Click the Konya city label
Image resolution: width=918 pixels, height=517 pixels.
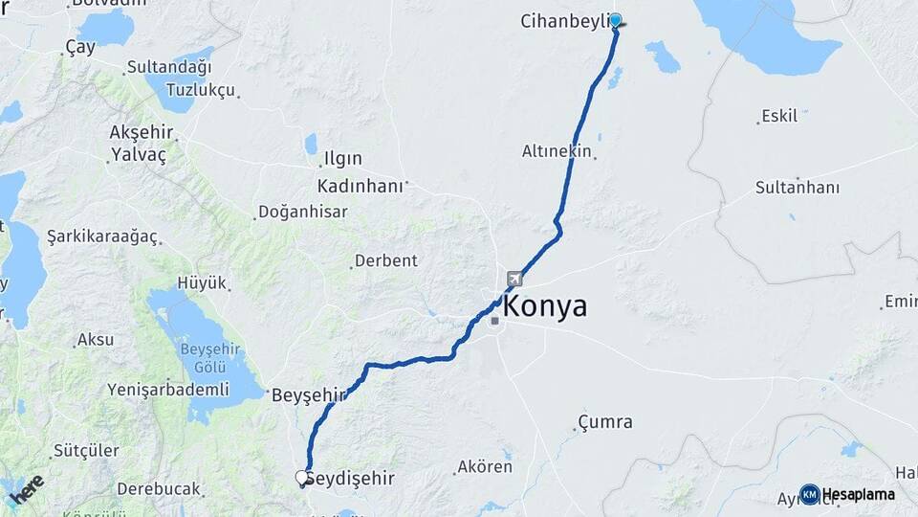pyautogui.click(x=544, y=307)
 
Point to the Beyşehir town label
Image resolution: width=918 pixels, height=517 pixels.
pyautogui.click(x=308, y=394)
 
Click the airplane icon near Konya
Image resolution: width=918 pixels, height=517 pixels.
pyautogui.click(x=516, y=280)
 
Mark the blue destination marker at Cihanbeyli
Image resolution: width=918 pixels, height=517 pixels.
pyautogui.click(x=616, y=20)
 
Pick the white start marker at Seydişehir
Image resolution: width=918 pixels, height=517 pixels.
pyautogui.click(x=302, y=477)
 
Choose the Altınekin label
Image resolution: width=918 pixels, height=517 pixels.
pyautogui.click(x=557, y=151)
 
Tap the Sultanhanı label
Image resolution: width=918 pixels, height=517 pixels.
pyautogui.click(x=797, y=188)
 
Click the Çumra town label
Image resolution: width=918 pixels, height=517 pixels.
pyautogui.click(x=605, y=422)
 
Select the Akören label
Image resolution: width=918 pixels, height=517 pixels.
pyautogui.click(x=485, y=467)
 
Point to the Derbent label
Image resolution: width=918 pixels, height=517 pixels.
pyautogui.click(x=386, y=260)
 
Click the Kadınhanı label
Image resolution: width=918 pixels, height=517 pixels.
pyautogui.click(x=360, y=186)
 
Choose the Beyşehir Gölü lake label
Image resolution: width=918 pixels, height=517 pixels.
pyautogui.click(x=203, y=357)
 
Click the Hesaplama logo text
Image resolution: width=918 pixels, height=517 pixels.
pyautogui.click(x=858, y=495)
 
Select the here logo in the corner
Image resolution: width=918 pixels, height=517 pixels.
pyautogui.click(x=26, y=489)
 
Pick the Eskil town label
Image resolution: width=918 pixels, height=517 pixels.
pyautogui.click(x=779, y=117)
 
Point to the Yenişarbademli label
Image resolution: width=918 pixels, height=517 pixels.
pyautogui.click(x=169, y=390)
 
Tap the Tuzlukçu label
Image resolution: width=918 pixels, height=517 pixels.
pyautogui.click(x=200, y=90)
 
